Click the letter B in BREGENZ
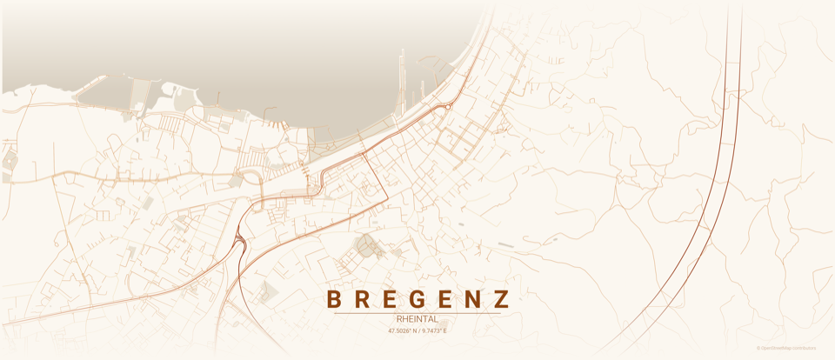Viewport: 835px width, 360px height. pos(333,300)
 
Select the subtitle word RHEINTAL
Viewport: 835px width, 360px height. pos(417,319)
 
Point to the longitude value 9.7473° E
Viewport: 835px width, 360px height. pos(432,331)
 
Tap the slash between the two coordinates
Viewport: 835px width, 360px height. pos(417,331)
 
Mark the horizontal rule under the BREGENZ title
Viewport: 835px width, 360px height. pos(417,312)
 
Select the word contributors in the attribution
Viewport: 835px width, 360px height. pos(805,348)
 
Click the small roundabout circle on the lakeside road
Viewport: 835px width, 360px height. pos(447,105)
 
